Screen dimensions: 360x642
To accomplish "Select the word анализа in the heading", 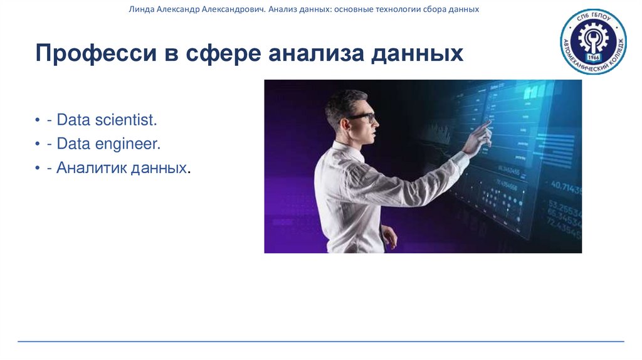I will pyautogui.click(x=315, y=53).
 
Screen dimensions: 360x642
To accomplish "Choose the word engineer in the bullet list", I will pyautogui.click(x=128, y=144).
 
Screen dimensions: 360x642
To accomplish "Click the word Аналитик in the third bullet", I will pyautogui.click(x=90, y=168).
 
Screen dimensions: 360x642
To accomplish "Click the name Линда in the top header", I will pyautogui.click(x=140, y=10).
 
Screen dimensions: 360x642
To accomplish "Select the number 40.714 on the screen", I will pyautogui.click(x=566, y=186).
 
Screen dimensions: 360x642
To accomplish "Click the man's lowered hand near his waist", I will pyautogui.click(x=389, y=237).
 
